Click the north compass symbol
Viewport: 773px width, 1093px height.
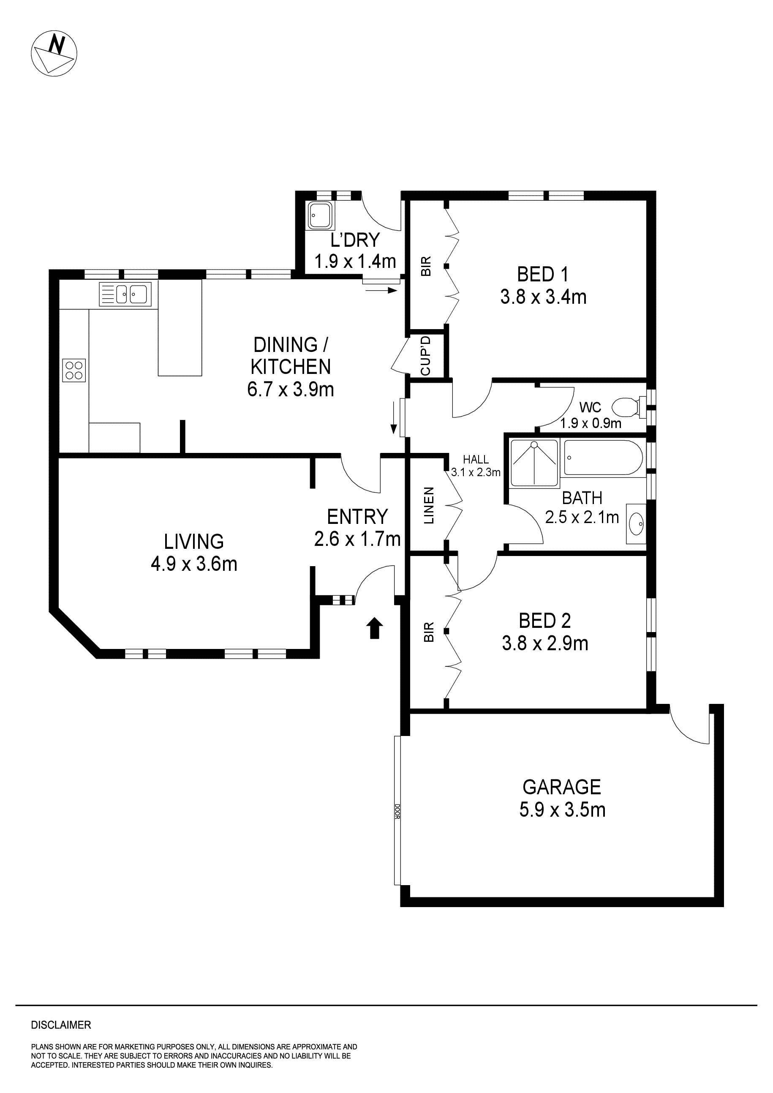pyautogui.click(x=54, y=52)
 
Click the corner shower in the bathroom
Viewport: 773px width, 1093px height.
pyautogui.click(x=533, y=463)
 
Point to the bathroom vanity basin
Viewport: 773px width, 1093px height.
pyautogui.click(x=636, y=524)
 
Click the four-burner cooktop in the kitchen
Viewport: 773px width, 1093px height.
pyautogui.click(x=74, y=371)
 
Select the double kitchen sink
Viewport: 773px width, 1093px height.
pyautogui.click(x=125, y=294)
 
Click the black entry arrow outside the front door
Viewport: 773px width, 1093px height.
pyautogui.click(x=375, y=628)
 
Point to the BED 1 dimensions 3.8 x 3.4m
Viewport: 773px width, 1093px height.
pyautogui.click(x=543, y=297)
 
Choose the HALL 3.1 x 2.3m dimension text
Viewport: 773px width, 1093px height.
pyautogui.click(x=476, y=472)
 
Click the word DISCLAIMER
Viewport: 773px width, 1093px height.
pyautogui.click(x=61, y=1025)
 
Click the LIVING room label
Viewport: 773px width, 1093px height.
pyautogui.click(x=194, y=541)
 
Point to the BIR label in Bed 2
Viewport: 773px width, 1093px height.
pyautogui.click(x=429, y=632)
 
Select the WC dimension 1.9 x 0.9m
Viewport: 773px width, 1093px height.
pyautogui.click(x=591, y=423)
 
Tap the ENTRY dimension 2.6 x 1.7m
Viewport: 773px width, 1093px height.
pyautogui.click(x=357, y=539)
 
